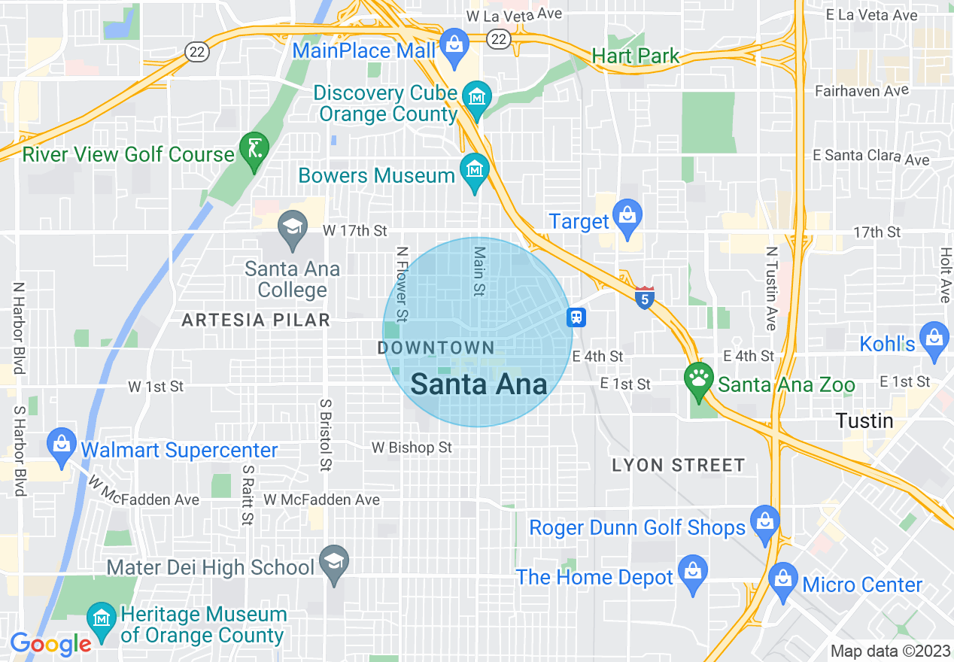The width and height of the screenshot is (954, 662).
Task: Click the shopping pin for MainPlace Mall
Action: (x=454, y=44)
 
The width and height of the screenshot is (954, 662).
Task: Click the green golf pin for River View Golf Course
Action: (x=254, y=148)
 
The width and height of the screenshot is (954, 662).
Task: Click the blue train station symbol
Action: (x=576, y=317)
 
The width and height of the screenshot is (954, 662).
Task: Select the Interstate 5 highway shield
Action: (x=644, y=298)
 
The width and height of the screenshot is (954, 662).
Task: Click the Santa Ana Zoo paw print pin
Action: (x=699, y=378)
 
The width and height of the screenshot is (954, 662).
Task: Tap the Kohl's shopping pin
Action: (x=934, y=338)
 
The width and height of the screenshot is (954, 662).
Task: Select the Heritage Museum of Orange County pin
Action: (x=101, y=619)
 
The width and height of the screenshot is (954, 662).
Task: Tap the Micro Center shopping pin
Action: (x=783, y=579)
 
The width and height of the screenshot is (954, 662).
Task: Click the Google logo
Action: (x=50, y=643)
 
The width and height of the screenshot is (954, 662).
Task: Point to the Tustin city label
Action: (x=865, y=421)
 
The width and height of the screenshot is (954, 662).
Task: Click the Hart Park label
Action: (x=636, y=56)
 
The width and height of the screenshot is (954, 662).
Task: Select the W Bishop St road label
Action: (x=412, y=448)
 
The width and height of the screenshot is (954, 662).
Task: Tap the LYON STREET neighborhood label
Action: (x=678, y=466)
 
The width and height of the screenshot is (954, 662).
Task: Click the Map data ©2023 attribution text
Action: (x=888, y=651)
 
